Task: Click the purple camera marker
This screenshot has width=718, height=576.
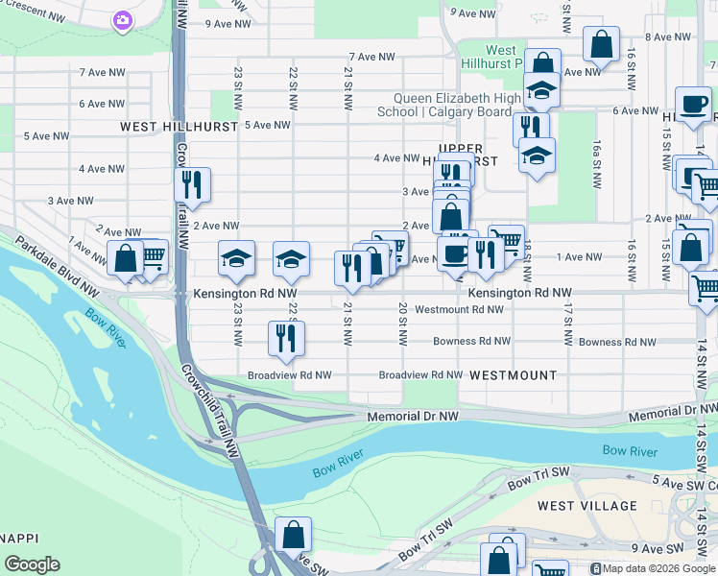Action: click(x=122, y=20)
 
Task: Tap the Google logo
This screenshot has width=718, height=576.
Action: click(x=32, y=564)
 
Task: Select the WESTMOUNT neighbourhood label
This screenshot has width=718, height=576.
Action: click(x=513, y=375)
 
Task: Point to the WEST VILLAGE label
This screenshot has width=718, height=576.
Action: click(x=586, y=505)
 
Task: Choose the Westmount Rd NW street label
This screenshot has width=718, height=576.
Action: click(x=459, y=309)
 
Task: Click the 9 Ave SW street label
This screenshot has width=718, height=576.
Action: click(x=657, y=548)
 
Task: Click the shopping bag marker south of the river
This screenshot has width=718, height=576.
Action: click(x=294, y=534)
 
